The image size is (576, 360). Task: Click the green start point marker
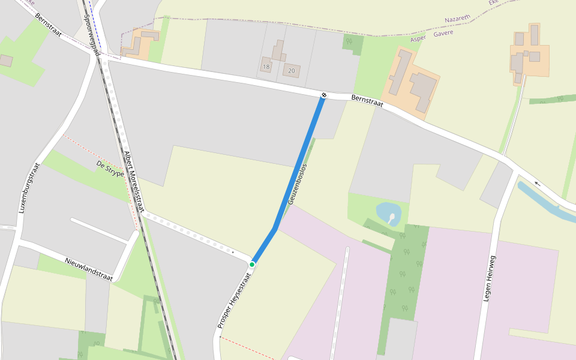[252, 265]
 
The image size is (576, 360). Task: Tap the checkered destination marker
[323, 95]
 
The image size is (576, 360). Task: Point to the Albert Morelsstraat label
[134, 181]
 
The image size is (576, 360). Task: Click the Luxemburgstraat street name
[29, 188]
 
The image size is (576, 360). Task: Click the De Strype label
[110, 169]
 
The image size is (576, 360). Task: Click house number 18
[266, 67]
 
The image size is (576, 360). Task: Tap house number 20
[292, 71]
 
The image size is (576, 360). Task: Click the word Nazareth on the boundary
[457, 19]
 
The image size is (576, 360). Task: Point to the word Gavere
[441, 32]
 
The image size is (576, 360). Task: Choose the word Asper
[418, 39]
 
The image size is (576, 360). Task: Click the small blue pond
[388, 213]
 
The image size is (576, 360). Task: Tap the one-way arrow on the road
[537, 184]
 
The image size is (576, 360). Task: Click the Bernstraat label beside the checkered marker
[367, 101]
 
